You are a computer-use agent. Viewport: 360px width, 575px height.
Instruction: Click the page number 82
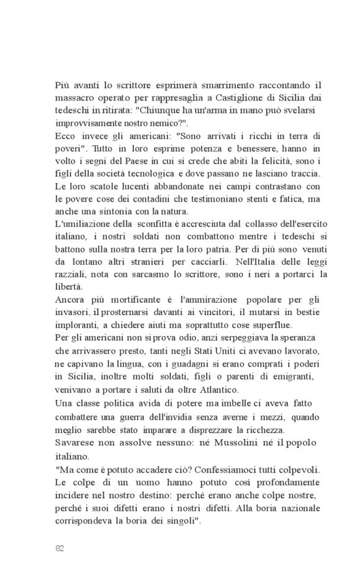point(60,548)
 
